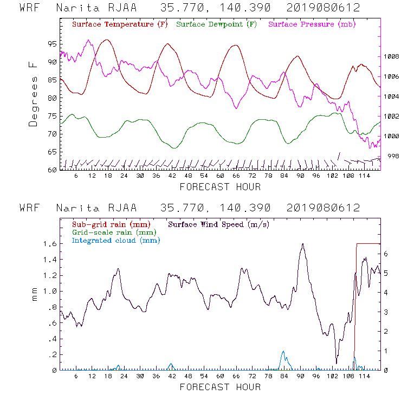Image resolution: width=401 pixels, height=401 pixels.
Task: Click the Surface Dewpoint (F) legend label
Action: [217, 25]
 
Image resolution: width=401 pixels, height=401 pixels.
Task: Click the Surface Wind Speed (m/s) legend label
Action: [218, 224]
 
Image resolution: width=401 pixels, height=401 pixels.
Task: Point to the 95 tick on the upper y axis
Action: [51, 44]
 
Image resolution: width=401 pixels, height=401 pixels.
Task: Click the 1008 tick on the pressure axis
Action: [392, 56]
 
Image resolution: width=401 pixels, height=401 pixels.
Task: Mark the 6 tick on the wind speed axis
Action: [385, 253]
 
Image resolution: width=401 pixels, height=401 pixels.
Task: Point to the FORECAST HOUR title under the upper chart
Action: [220, 187]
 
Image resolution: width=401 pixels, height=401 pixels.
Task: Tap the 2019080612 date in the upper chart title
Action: [324, 8]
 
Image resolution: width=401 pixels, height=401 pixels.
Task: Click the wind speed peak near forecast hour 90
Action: [303, 244]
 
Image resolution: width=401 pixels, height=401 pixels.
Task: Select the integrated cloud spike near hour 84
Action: [283, 352]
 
